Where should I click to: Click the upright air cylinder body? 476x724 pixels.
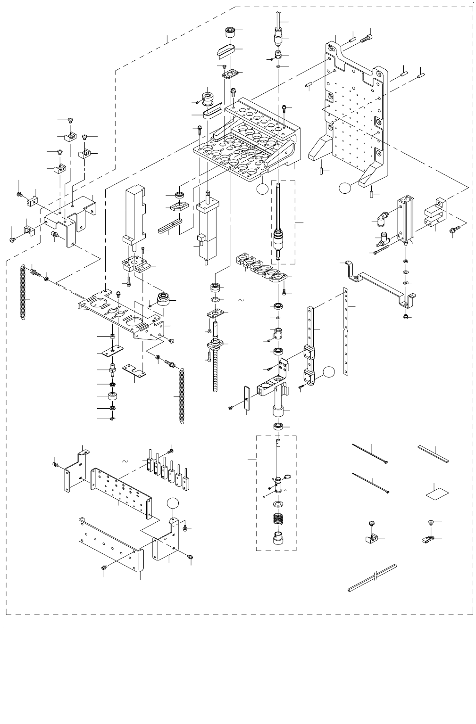click(405, 219)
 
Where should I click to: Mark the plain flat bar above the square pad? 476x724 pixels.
click(434, 454)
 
